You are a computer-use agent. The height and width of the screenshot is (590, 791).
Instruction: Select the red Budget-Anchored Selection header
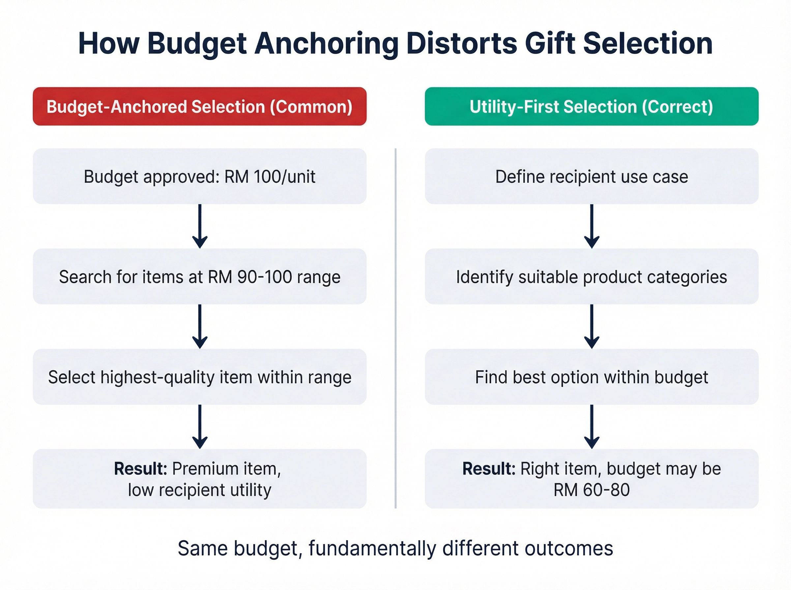pos(199,106)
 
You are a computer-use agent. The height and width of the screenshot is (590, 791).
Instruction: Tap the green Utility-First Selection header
pos(591,106)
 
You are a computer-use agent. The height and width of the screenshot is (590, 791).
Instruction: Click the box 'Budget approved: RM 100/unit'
pos(199,176)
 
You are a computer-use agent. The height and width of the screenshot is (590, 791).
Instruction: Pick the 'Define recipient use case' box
pos(591,176)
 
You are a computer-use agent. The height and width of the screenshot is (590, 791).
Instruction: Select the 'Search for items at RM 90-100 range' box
pos(199,277)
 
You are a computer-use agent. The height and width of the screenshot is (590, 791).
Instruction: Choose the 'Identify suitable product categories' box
pos(591,277)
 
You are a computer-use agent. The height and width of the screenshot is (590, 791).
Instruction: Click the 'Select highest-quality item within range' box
pos(199,377)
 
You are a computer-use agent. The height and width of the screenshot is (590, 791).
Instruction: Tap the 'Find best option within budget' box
pos(591,377)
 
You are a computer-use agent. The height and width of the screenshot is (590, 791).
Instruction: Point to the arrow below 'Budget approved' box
pos(200,227)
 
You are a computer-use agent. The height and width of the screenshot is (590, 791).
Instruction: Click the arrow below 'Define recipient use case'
pos(592,227)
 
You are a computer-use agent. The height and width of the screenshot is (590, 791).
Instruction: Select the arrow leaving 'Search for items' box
pos(200,326)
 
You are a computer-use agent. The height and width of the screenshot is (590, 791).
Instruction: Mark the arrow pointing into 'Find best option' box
pos(592,326)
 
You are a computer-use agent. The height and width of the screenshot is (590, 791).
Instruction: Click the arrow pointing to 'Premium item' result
pos(200,427)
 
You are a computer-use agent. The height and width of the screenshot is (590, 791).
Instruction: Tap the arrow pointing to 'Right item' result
pos(592,427)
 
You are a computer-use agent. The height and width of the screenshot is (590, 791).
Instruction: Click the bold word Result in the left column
pos(140,469)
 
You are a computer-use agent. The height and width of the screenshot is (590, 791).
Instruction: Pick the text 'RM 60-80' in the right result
pos(591,490)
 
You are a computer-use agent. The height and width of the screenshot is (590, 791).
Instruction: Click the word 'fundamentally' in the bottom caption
pos(372,548)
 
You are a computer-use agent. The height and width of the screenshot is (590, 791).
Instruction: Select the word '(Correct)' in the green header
pos(677,106)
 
